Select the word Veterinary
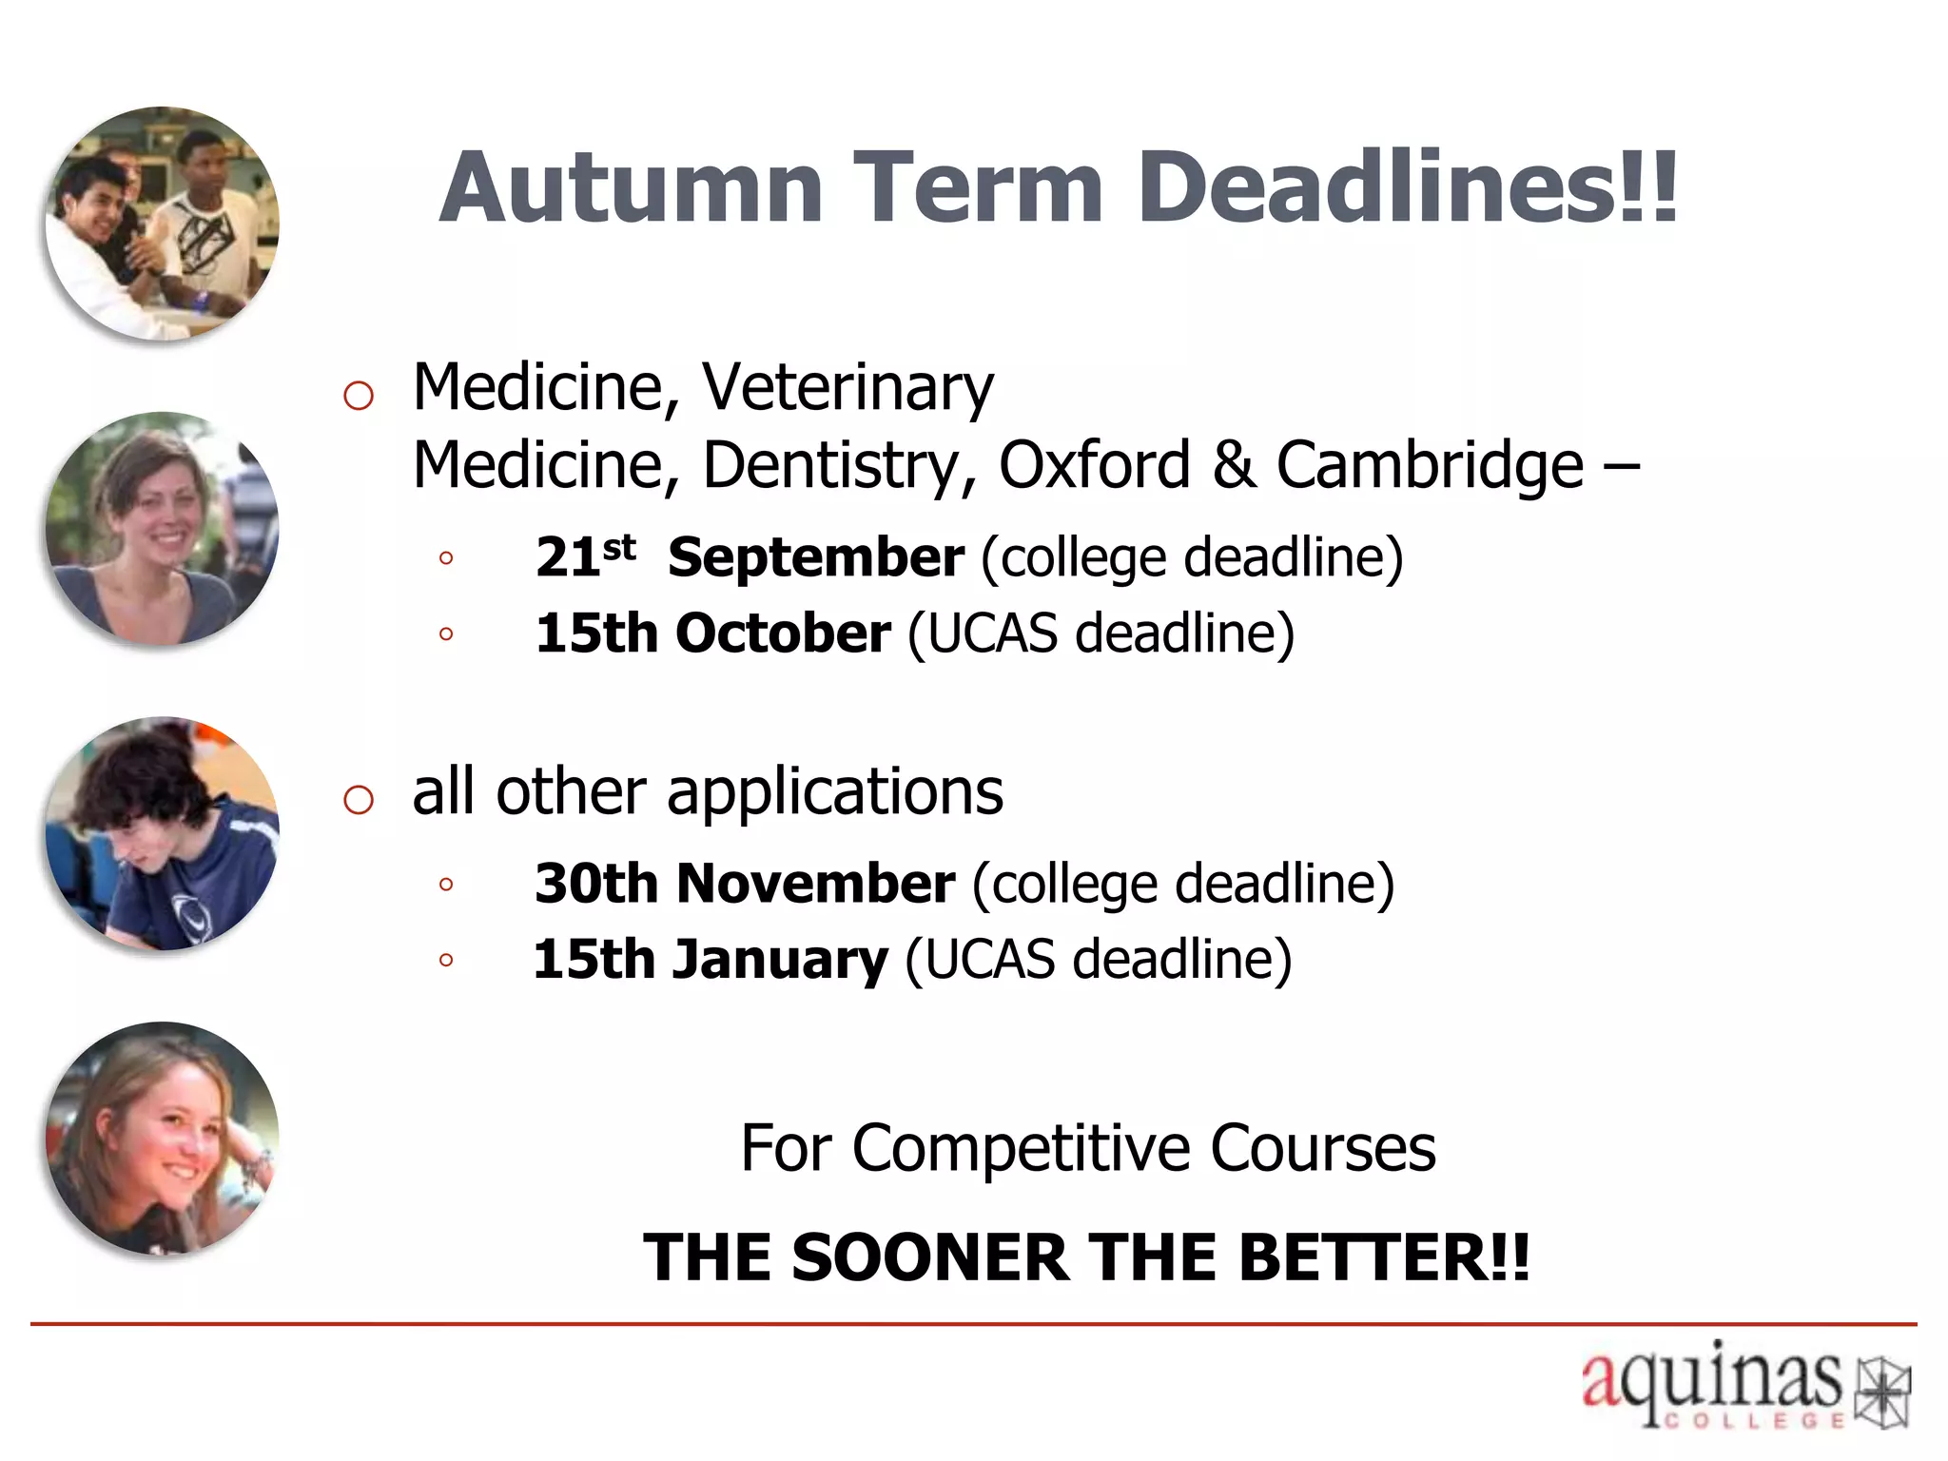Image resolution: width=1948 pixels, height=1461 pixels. pyautogui.click(x=847, y=388)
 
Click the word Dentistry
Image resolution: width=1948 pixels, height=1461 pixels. pyautogui.click(x=839, y=466)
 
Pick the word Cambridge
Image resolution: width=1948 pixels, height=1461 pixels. pyautogui.click(x=1430, y=466)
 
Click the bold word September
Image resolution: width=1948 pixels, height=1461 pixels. pyautogui.click(x=816, y=557)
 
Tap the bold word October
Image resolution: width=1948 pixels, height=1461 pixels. pyautogui.click(x=783, y=633)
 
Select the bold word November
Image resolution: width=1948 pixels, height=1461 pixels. pyautogui.click(x=815, y=884)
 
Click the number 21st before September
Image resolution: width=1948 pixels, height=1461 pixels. pyautogui.click(x=584, y=555)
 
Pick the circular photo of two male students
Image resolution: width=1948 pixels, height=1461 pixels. pyautogui.click(x=163, y=224)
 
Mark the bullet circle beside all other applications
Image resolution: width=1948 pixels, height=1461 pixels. pyautogui.click(x=359, y=799)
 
